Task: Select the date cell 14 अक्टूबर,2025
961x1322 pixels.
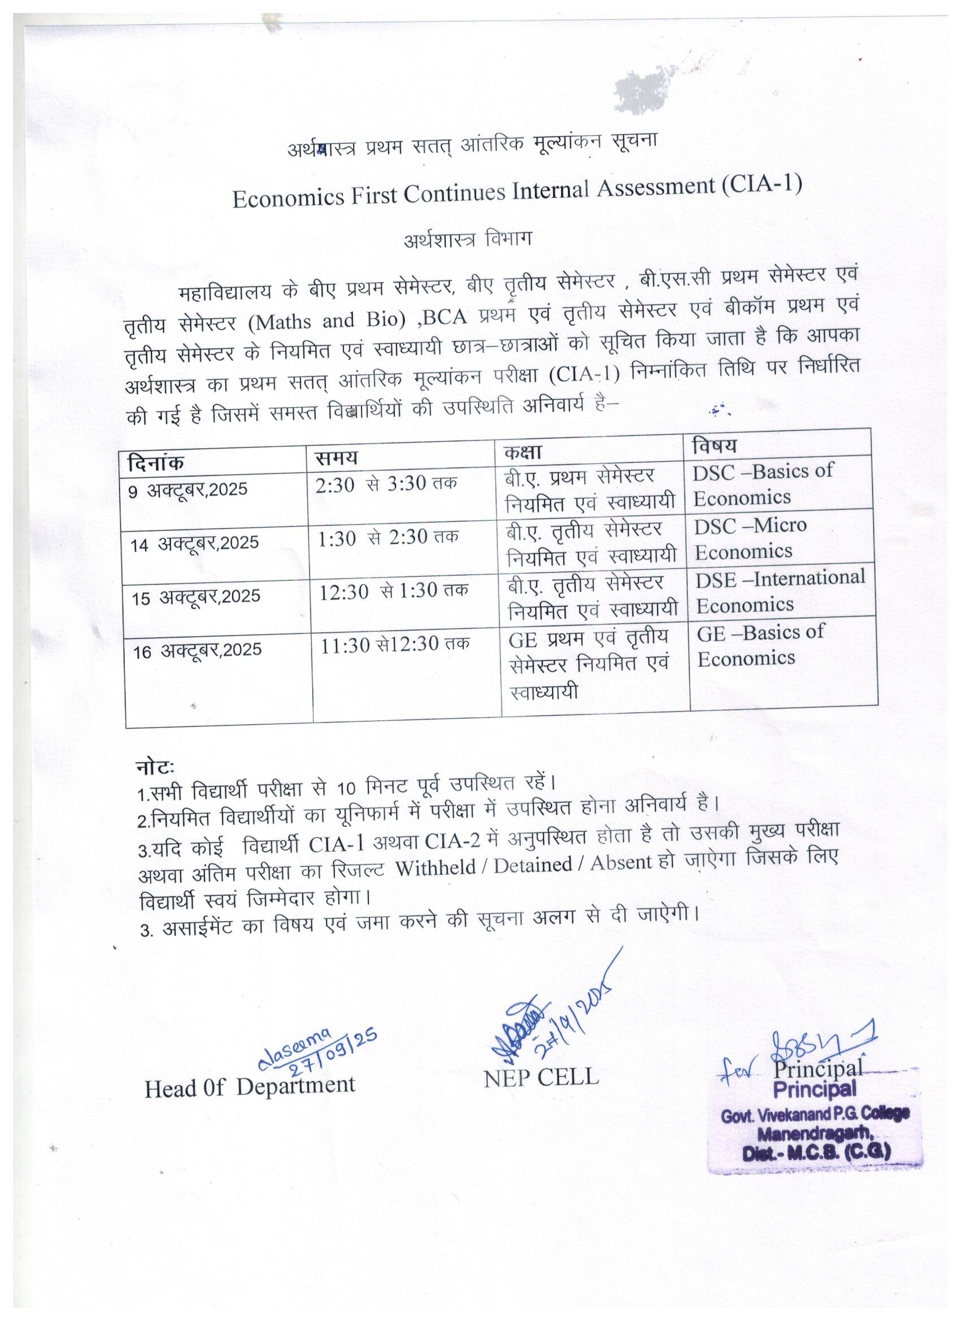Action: [x=194, y=543]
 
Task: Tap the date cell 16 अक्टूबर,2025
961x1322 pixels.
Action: [x=197, y=650]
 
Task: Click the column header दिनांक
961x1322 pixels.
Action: [x=155, y=464]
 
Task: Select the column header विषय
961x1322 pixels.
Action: [x=714, y=447]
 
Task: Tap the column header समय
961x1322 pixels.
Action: [x=336, y=458]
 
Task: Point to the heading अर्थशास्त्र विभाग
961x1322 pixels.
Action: [x=467, y=241]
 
